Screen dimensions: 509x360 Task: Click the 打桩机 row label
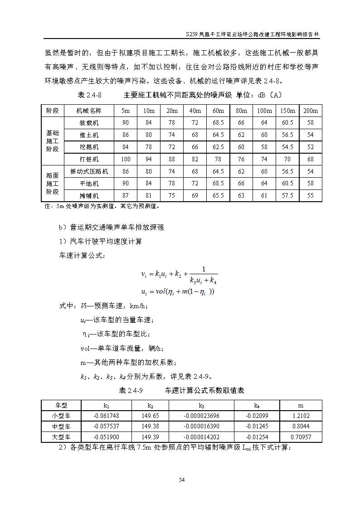click(x=89, y=159)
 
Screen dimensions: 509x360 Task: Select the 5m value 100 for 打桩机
click(x=126, y=159)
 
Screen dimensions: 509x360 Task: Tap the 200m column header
click(x=310, y=111)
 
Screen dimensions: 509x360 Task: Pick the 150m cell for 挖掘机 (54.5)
click(x=287, y=147)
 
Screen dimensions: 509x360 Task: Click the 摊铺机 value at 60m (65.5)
click(x=218, y=195)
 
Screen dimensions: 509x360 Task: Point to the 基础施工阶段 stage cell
click(x=53, y=141)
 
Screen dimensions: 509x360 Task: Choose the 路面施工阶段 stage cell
click(x=53, y=183)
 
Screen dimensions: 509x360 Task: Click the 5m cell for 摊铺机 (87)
click(x=126, y=195)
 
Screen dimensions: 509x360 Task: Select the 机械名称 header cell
click(x=89, y=111)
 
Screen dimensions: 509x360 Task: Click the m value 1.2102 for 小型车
click(x=301, y=416)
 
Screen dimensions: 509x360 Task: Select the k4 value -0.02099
click(x=257, y=416)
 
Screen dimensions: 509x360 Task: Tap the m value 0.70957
click(x=301, y=437)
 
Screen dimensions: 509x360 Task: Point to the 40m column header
click(x=195, y=111)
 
